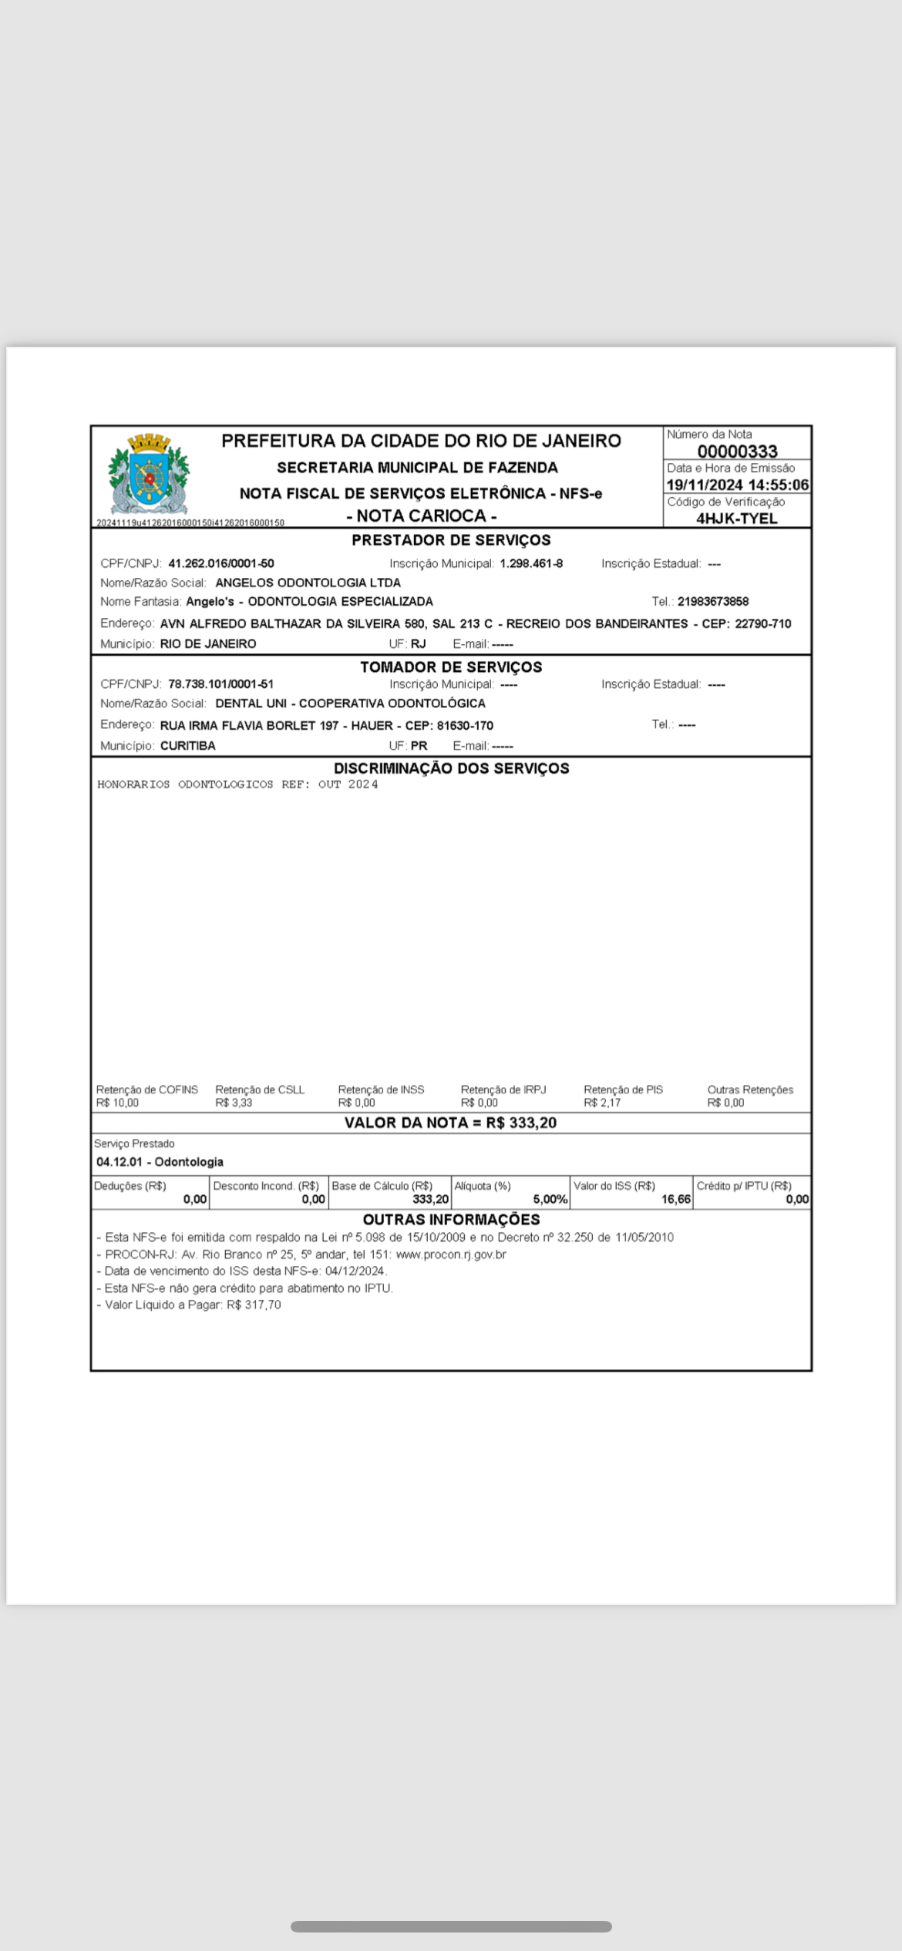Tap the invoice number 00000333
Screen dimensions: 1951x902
737,452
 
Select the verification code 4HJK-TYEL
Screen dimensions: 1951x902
736,519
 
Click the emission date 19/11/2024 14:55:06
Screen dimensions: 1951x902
737,485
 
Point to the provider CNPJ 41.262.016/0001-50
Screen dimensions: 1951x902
221,564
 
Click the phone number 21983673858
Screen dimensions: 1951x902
713,602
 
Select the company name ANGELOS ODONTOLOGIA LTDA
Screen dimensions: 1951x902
308,583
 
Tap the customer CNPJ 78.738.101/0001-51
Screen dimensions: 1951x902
221,684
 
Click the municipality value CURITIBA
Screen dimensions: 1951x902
188,746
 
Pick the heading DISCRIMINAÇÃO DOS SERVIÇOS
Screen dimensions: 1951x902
451,768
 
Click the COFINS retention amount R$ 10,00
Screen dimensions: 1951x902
117,1103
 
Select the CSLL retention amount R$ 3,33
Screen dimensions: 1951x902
234,1103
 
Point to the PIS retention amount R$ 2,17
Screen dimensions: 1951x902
602,1103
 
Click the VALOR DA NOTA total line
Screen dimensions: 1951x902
450,1123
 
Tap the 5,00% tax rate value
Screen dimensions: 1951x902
550,1199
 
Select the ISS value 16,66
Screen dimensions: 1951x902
675,1199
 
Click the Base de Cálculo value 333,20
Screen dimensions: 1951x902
430,1199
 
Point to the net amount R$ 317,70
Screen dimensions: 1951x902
254,1305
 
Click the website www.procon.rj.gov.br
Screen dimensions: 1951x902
451,1254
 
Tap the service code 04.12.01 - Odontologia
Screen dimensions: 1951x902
160,1162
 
